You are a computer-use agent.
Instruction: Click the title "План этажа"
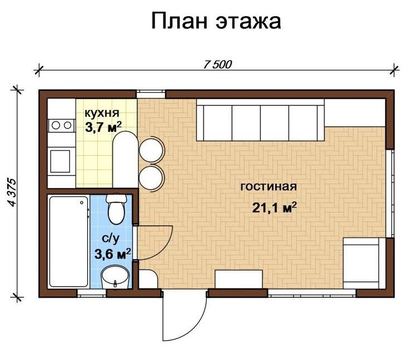coord(216,21)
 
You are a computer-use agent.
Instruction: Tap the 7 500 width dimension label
coord(217,65)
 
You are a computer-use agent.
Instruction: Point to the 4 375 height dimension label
coord(12,193)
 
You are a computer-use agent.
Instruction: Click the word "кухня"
coord(102,113)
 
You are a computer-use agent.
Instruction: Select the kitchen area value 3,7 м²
coord(103,127)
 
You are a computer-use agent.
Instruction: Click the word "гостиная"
coord(268,187)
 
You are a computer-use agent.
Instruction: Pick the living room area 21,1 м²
coord(275,208)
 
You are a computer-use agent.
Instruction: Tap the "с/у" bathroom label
coord(111,239)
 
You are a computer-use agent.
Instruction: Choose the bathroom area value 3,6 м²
coord(112,254)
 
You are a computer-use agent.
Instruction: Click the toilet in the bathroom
coord(116,209)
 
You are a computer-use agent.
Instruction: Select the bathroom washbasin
coord(115,277)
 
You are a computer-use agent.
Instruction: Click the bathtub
coord(69,241)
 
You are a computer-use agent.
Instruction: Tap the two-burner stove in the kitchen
coord(61,125)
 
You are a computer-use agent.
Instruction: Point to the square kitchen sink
coord(60,161)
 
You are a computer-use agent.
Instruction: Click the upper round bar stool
coord(151,150)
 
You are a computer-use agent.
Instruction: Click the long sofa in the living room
coord(260,120)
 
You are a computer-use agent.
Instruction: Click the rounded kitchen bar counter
coord(125,160)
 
